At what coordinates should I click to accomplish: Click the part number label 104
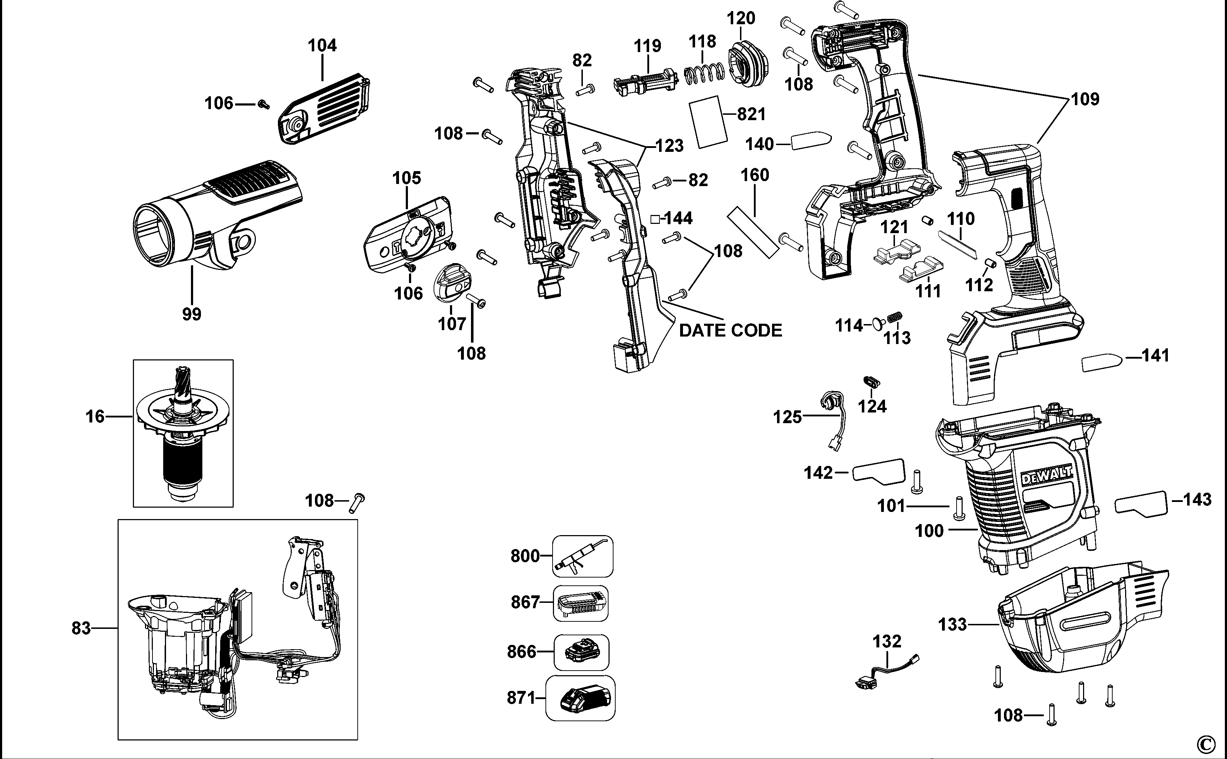click(x=322, y=45)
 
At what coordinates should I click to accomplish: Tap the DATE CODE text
click(x=730, y=330)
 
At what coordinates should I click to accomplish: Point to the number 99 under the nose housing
click(x=192, y=314)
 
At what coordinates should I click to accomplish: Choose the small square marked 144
click(x=654, y=219)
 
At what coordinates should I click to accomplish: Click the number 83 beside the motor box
click(x=81, y=627)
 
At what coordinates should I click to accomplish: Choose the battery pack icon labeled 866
click(x=581, y=652)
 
